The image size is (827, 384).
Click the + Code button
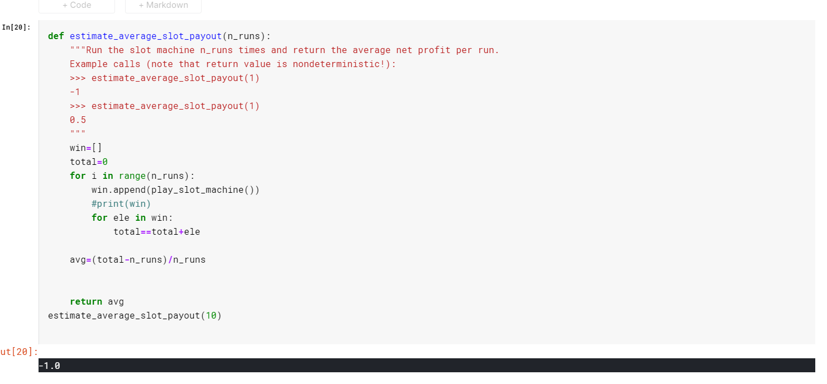tap(77, 6)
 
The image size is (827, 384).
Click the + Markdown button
tap(163, 6)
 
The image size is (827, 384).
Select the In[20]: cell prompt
tap(16, 27)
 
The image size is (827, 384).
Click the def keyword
tap(56, 36)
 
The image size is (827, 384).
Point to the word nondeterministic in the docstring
tap(336, 64)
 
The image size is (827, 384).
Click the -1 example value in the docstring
tap(75, 92)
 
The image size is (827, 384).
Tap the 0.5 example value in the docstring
tap(78, 120)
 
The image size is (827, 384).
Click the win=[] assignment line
tap(85, 148)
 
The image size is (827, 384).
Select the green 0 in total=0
tap(105, 162)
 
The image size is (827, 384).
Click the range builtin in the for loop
tap(132, 176)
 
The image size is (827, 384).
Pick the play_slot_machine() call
tap(203, 190)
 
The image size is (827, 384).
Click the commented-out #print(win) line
tap(121, 204)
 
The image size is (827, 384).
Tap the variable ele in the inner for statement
tap(121, 218)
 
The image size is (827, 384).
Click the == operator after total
tap(146, 232)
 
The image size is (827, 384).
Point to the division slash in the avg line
tap(170, 260)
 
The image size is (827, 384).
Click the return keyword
tap(86, 302)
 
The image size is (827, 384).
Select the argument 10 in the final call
tap(211, 316)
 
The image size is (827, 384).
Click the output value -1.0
tap(50, 366)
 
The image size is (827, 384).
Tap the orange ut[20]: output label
tap(19, 352)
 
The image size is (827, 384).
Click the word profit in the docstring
tap(434, 50)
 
